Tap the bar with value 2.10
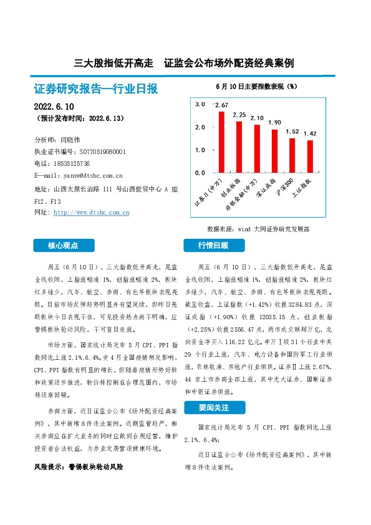point(257,148)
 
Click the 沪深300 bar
point(292,155)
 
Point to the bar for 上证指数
point(310,157)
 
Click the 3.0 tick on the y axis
point(200,105)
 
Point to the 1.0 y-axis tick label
point(200,150)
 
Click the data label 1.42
point(310,134)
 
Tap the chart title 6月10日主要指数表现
point(256,85)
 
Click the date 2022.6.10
point(55,107)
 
